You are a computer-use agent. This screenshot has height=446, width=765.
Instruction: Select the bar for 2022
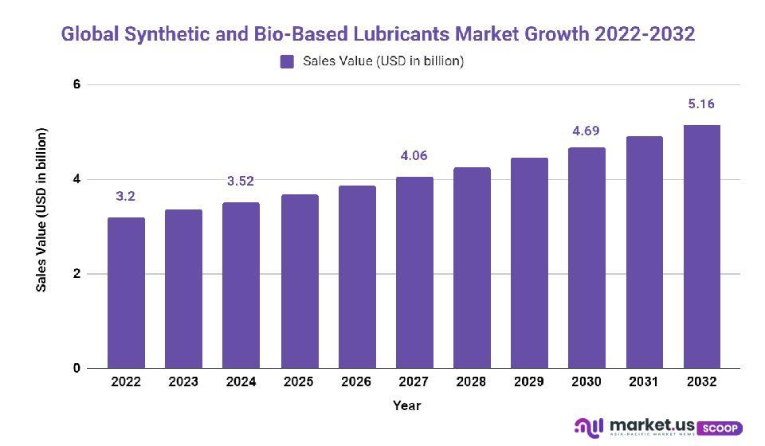point(126,293)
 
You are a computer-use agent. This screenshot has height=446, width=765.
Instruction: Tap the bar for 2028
point(472,268)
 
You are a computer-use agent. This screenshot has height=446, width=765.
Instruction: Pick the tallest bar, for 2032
point(702,247)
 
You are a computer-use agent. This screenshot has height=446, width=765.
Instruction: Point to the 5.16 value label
point(702,104)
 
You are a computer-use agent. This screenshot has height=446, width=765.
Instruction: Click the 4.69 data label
point(586,131)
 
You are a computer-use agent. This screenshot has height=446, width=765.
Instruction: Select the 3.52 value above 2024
point(241,181)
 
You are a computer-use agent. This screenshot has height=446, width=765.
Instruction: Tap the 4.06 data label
point(414,156)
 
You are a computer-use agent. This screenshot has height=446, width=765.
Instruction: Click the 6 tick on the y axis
point(77,84)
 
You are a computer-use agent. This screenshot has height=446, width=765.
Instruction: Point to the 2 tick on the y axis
point(77,274)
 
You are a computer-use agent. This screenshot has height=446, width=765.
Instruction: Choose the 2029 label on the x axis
point(529,382)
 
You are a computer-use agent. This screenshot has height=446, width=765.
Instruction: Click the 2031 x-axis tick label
point(644,382)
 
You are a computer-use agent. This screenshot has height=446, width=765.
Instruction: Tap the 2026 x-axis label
point(356,382)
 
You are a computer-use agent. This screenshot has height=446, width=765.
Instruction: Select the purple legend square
point(288,61)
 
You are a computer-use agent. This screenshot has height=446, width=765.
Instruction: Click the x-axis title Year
point(406,406)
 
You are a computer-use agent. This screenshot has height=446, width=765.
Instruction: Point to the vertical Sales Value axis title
point(42,209)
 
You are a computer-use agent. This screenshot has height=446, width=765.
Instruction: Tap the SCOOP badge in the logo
point(722,428)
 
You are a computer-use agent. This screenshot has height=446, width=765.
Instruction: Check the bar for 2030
point(586,258)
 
